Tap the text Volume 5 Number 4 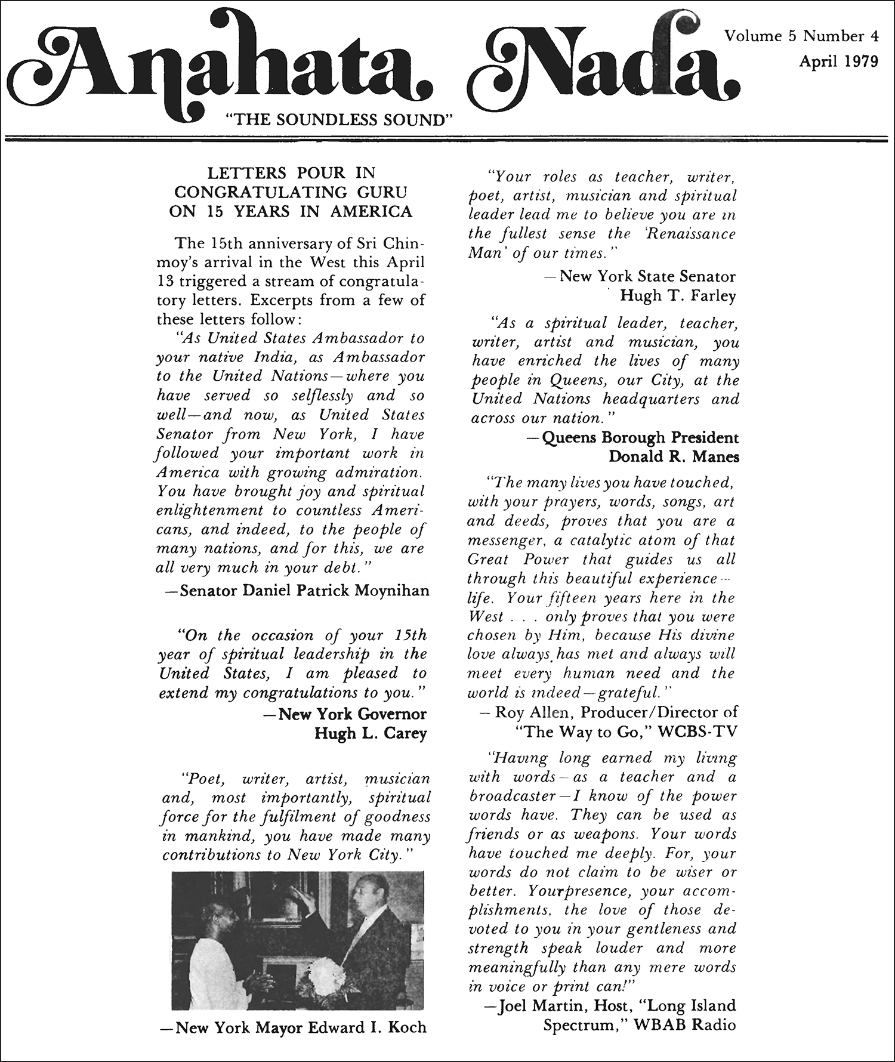coord(801,36)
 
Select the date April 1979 coord(838,61)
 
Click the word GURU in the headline coord(382,192)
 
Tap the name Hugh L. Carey coord(370,733)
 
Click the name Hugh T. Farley coord(678,295)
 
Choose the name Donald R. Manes coord(673,456)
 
